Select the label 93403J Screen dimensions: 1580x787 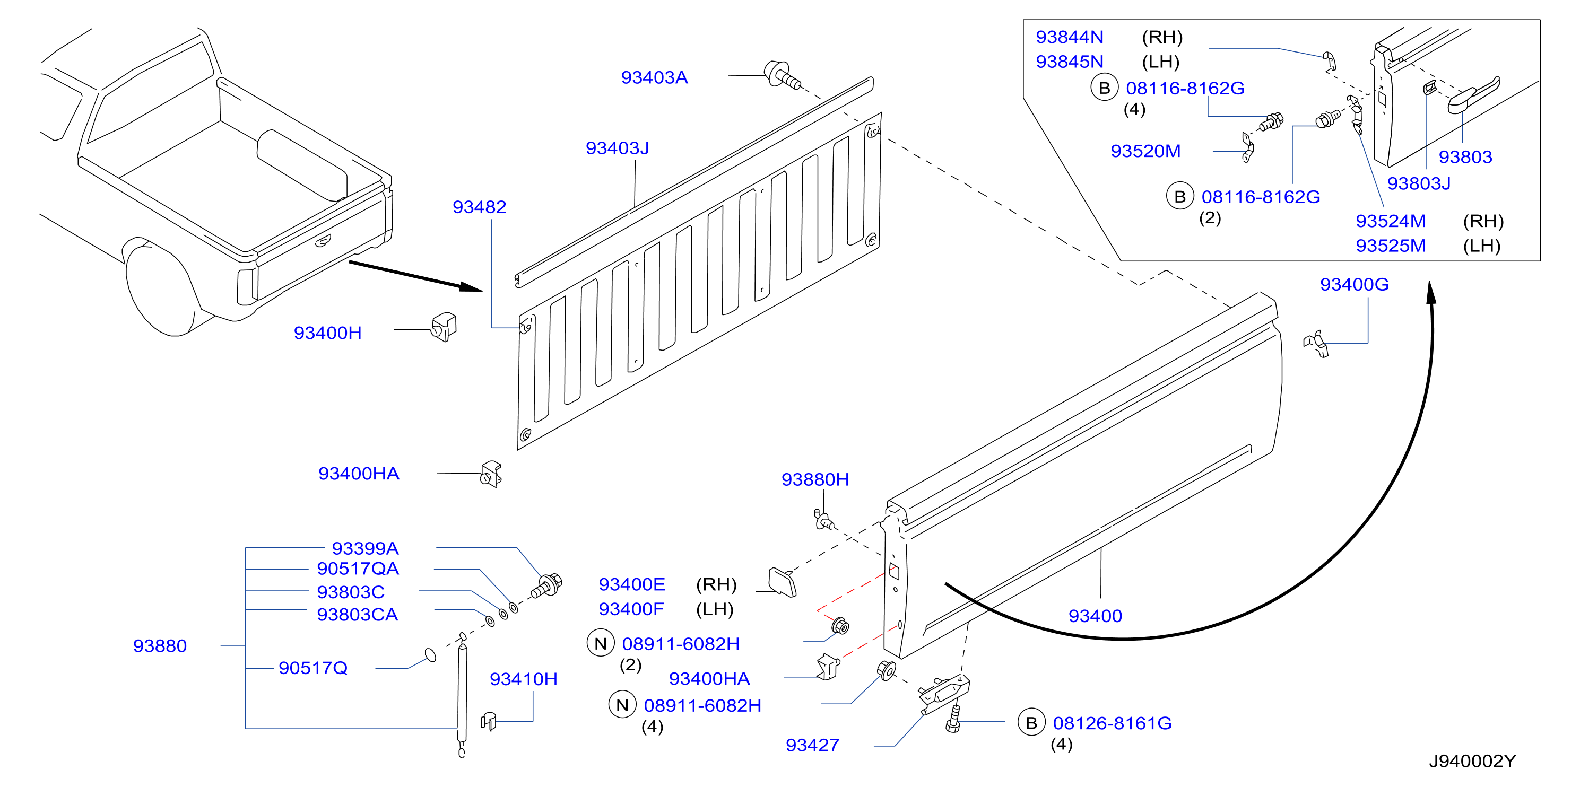pyautogui.click(x=617, y=148)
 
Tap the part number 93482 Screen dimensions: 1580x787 pyautogui.click(x=479, y=207)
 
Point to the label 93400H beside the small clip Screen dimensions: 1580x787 pyautogui.click(x=327, y=333)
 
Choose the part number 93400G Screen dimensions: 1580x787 pyautogui.click(x=1355, y=284)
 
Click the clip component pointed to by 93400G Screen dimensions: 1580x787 pyautogui.click(x=1316, y=343)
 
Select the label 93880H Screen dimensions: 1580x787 pyautogui.click(x=815, y=479)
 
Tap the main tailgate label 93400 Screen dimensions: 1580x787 pyautogui.click(x=1095, y=616)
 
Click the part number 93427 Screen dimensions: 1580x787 pyautogui.click(x=812, y=745)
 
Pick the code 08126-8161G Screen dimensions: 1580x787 pyautogui.click(x=1112, y=723)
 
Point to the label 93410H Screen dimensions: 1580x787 pyautogui.click(x=523, y=679)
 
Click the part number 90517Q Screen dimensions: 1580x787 pyautogui.click(x=313, y=668)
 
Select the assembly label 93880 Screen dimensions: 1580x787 pyautogui.click(x=160, y=646)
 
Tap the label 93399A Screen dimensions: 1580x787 pyautogui.click(x=365, y=548)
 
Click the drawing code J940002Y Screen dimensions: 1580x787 pyautogui.click(x=1472, y=761)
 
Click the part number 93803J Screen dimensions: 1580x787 pyautogui.click(x=1419, y=183)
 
